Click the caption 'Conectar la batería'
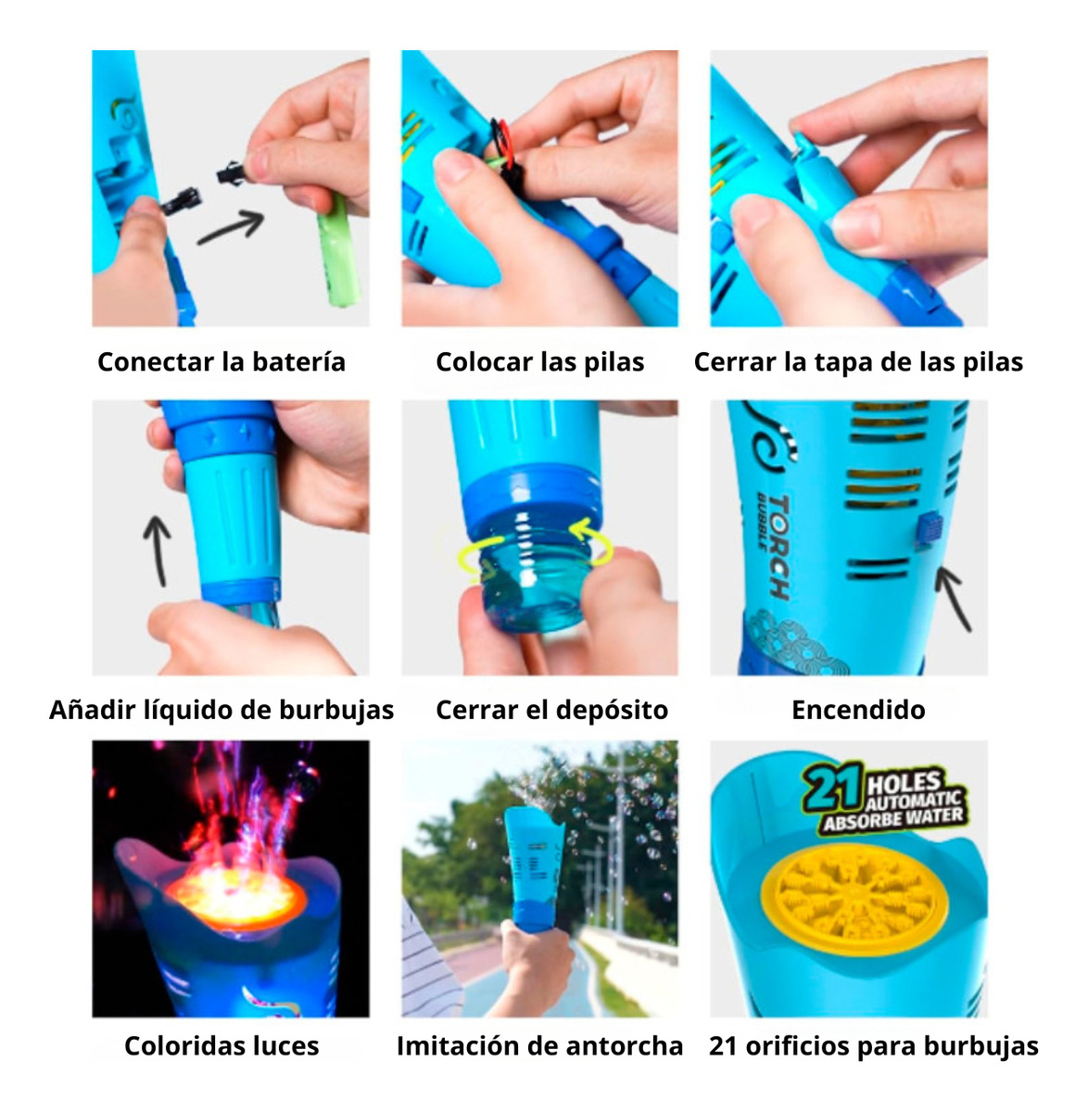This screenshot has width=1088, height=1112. pos(221,362)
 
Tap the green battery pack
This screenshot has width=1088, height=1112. pos(340,251)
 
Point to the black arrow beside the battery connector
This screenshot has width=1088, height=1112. pos(231,226)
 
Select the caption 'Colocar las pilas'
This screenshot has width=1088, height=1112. pos(540,362)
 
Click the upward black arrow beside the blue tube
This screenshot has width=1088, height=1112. pos(158,550)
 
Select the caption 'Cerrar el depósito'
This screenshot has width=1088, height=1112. pos(551,710)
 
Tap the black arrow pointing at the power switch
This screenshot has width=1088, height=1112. pos(953,599)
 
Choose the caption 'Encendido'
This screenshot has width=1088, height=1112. pos(858,710)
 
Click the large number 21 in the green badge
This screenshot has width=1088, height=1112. pos(832,788)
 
